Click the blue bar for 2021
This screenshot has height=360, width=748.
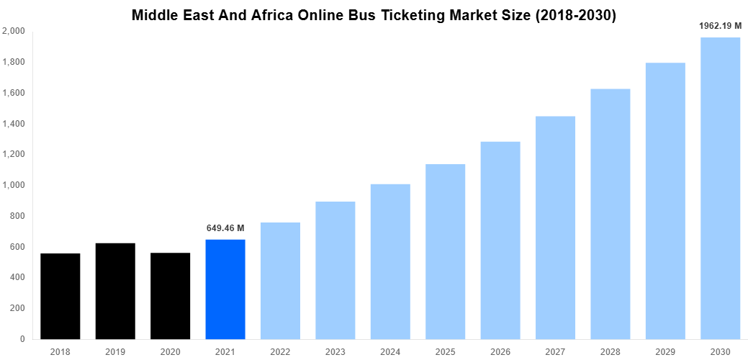click(225, 289)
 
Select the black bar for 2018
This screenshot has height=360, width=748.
click(60, 296)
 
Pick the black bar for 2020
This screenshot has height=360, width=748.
click(171, 296)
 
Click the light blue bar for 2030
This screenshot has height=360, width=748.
click(720, 188)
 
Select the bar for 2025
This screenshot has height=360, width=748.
click(445, 251)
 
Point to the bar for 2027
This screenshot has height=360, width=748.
click(555, 228)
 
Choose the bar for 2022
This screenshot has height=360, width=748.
click(280, 281)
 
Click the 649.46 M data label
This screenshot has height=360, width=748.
click(225, 228)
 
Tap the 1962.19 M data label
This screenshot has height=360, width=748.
click(720, 26)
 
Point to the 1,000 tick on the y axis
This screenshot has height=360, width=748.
click(14, 185)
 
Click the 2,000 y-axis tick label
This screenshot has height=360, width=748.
click(14, 32)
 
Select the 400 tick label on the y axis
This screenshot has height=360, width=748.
click(17, 277)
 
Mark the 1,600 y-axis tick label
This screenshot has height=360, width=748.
click(14, 93)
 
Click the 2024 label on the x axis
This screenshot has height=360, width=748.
click(390, 351)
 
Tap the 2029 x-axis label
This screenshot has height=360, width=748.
click(665, 351)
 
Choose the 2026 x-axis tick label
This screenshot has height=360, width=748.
click(500, 351)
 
